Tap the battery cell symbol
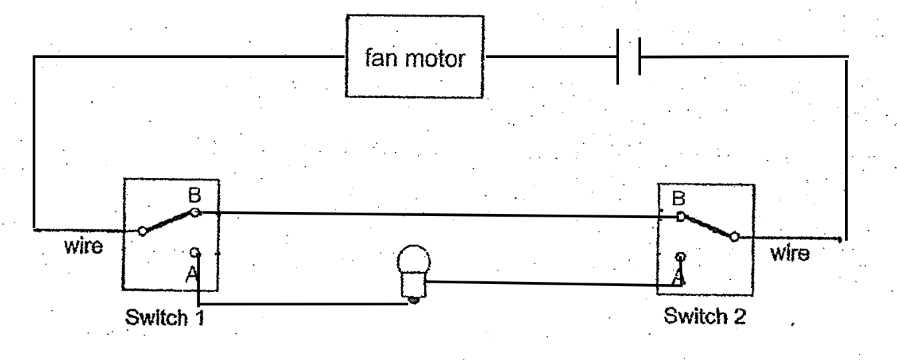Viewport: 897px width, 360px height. (628, 57)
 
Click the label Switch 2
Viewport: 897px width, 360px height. (704, 316)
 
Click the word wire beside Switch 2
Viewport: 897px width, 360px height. (790, 253)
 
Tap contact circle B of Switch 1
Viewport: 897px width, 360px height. (195, 213)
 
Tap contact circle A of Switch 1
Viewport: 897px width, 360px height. (195, 252)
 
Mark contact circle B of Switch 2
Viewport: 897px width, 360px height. (680, 216)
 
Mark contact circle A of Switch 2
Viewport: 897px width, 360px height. (680, 257)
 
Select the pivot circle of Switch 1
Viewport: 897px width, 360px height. (142, 231)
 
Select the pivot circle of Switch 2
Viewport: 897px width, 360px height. (734, 236)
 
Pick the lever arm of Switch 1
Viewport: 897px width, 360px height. (168, 222)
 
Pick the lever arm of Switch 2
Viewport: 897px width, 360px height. (706, 226)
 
